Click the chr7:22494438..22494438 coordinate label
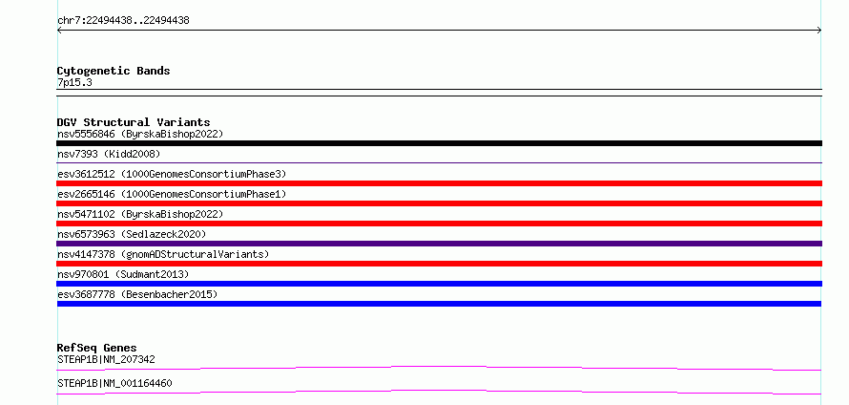pos(123,21)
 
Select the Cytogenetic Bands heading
pos(114,71)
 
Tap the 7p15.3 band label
pos(74,82)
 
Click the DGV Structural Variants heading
pos(134,122)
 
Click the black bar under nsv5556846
pos(439,143)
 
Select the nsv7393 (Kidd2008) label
pos(109,154)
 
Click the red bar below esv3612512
pos(439,183)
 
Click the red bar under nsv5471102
pos(439,224)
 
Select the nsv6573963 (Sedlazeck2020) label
pos(132,234)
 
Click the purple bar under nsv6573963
pos(439,244)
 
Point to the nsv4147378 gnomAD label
pos(163,254)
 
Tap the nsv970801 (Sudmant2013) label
pos(123,274)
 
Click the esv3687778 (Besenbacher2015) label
pos(137,294)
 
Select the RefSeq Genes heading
pos(97,348)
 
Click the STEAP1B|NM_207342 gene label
pos(106,359)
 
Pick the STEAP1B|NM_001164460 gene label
pos(114,383)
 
